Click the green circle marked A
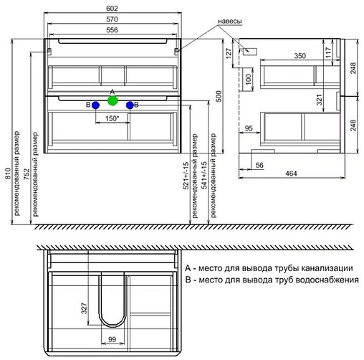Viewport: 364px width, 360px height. coord(111,101)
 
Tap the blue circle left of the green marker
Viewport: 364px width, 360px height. coord(95,105)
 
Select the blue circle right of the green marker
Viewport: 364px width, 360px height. coord(130,105)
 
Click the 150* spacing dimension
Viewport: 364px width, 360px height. coord(112,118)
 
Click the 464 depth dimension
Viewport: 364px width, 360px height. coord(292,173)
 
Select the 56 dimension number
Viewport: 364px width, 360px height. coord(261,164)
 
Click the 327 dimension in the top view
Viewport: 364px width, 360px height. coord(84,310)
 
